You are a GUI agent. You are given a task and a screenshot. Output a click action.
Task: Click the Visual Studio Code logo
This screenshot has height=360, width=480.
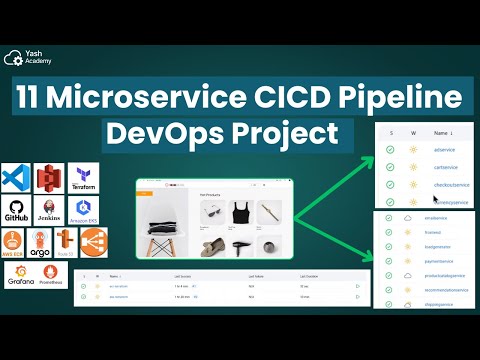16,178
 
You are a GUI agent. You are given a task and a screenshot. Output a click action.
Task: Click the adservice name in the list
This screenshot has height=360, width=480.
445,149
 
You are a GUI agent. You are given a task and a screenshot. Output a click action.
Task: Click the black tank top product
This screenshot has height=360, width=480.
240,211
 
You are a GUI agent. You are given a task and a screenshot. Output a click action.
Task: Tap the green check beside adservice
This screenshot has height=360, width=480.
389,149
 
